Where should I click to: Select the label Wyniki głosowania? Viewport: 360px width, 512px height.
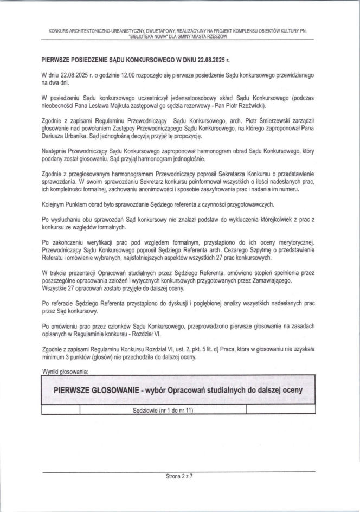[67, 372]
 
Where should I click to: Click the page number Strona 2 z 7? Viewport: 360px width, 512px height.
[179, 478]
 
